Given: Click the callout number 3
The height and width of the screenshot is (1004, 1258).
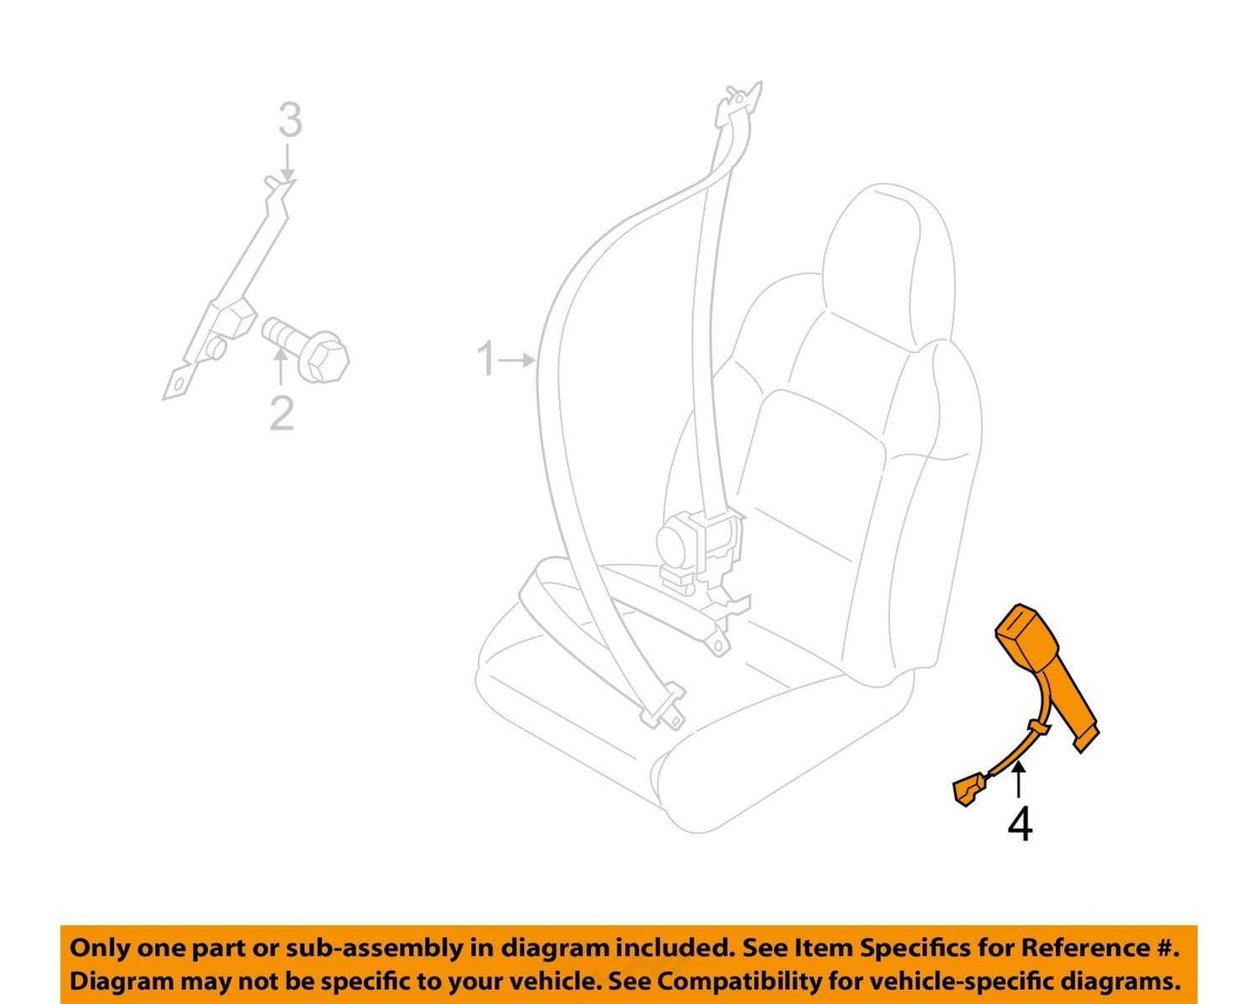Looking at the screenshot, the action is pyautogui.click(x=290, y=119).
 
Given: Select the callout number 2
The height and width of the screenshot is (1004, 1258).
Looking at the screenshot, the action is pyautogui.click(x=281, y=413).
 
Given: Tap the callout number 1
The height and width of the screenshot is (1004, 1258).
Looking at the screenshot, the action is pyautogui.click(x=486, y=359).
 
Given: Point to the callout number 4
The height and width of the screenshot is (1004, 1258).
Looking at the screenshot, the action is pyautogui.click(x=1020, y=825).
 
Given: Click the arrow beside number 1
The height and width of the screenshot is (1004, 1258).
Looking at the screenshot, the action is pyautogui.click(x=517, y=360).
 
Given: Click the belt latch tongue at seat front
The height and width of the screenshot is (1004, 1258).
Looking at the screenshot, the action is pyautogui.click(x=663, y=709).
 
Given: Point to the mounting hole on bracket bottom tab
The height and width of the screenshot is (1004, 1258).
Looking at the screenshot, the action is pyautogui.click(x=180, y=384).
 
